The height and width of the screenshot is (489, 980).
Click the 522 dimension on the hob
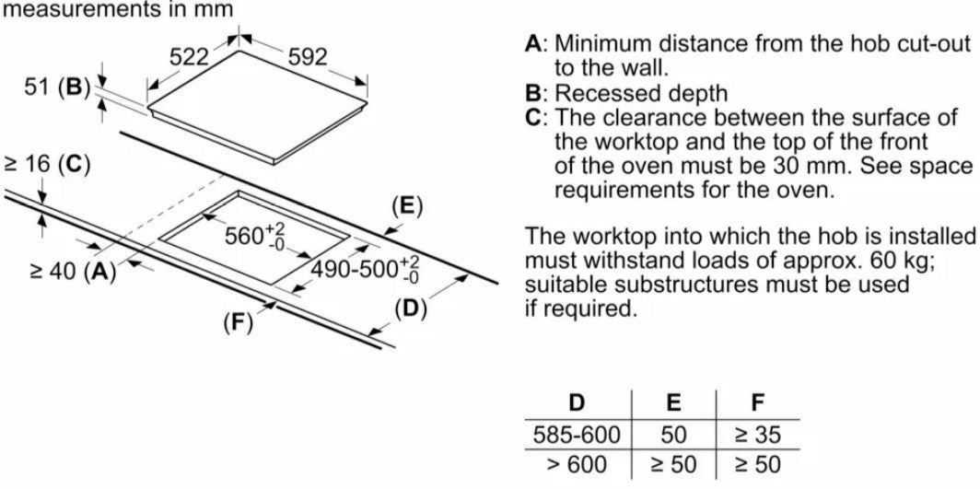pyautogui.click(x=190, y=57)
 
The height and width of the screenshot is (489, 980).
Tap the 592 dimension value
pyautogui.click(x=308, y=57)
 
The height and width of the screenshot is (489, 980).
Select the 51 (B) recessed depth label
pyautogui.click(x=55, y=88)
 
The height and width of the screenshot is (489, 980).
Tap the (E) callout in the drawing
pyautogui.click(x=406, y=205)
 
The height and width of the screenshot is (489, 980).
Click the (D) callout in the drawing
pyautogui.click(x=411, y=309)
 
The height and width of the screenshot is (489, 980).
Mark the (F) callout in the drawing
pyautogui.click(x=239, y=322)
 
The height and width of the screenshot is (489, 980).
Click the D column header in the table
pyautogui.click(x=577, y=402)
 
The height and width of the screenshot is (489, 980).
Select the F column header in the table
pyautogui.click(x=758, y=402)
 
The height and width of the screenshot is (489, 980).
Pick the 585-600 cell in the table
pyautogui.click(x=577, y=434)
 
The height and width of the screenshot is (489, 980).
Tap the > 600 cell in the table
pyautogui.click(x=577, y=464)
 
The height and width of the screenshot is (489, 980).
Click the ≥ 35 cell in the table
pyautogui.click(x=758, y=434)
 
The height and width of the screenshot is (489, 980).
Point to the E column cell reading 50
pyautogui.click(x=674, y=434)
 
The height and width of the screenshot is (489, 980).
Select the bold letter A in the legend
pyautogui.click(x=533, y=43)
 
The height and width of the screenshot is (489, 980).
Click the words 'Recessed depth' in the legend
pyautogui.click(x=640, y=93)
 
